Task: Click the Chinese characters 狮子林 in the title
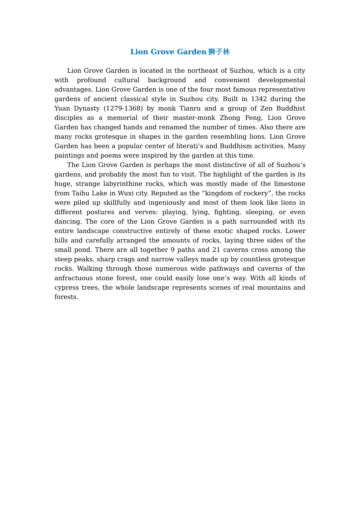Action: tap(219, 52)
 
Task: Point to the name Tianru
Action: tap(190, 108)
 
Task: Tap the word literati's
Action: tap(185, 146)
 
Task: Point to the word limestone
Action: tap(290, 184)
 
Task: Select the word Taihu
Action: tap(81, 193)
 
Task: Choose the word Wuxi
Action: tap(126, 193)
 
